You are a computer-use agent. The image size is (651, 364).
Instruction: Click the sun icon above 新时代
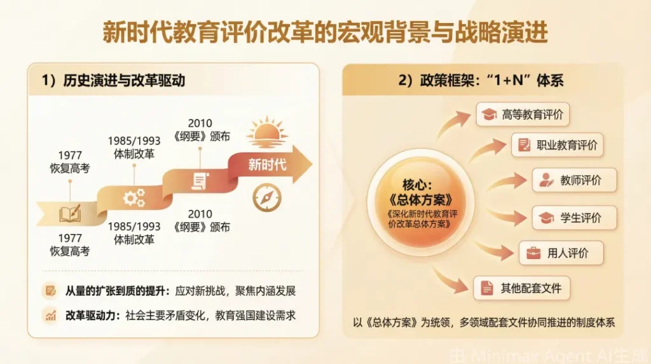pyautogui.click(x=266, y=132)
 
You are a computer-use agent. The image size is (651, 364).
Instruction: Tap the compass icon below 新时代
pyautogui.click(x=267, y=197)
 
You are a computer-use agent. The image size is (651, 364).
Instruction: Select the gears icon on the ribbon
pyautogui.click(x=134, y=198)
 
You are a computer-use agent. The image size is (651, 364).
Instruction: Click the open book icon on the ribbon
pyautogui.click(x=70, y=214)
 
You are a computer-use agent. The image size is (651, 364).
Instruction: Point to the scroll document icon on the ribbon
pyautogui.click(x=200, y=181)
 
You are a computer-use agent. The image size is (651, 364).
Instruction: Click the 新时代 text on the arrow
pyautogui.click(x=267, y=165)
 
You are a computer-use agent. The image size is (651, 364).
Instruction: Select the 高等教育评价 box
pyautogui.click(x=523, y=115)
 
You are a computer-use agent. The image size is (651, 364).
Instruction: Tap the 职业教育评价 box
pyautogui.click(x=557, y=145)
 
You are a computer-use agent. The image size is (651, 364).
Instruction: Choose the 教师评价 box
pyautogui.click(x=574, y=180)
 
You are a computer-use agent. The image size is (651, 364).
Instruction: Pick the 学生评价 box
pyautogui.click(x=574, y=218)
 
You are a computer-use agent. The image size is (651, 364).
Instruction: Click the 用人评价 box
pyautogui.click(x=561, y=253)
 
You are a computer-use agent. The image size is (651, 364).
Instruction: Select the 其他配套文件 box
pyautogui.click(x=521, y=288)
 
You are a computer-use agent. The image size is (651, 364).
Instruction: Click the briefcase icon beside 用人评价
pyautogui.click(x=533, y=253)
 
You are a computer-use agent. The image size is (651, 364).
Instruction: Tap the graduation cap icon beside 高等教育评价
pyautogui.click(x=489, y=115)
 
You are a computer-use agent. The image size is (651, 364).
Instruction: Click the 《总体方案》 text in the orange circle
pyautogui.click(x=421, y=200)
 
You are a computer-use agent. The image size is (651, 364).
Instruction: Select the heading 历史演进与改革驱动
pyautogui.click(x=124, y=80)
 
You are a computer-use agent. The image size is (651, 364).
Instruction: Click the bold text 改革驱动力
pyautogui.click(x=90, y=316)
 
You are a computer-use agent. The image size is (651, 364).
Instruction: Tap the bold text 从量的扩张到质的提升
pyautogui.click(x=115, y=291)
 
